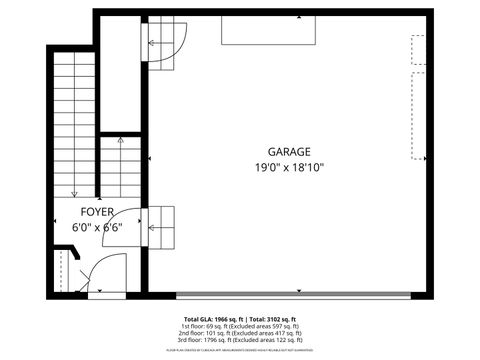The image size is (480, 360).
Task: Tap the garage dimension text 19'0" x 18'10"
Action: (x=288, y=167)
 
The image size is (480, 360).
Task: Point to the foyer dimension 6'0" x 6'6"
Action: (x=96, y=227)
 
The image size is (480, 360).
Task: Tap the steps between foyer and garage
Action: (x=160, y=227)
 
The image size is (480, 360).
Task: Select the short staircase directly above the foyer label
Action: (x=119, y=168)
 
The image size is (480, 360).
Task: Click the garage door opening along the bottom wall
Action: (x=290, y=295)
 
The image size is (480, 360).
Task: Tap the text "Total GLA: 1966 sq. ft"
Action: (x=216, y=318)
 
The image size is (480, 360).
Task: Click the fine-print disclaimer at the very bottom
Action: (x=241, y=351)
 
